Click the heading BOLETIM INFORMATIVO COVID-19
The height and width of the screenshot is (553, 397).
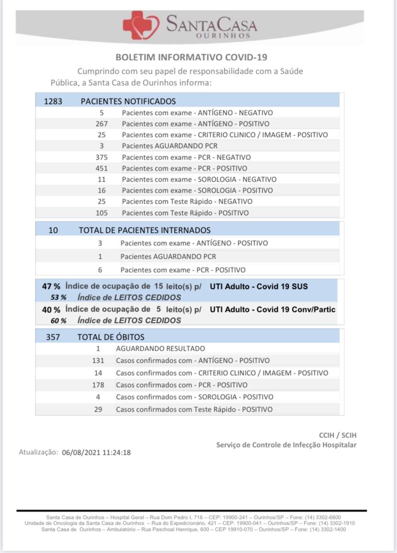[191, 58]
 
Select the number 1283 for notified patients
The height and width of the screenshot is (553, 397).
[53, 101]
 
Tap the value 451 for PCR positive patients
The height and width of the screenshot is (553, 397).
[102, 168]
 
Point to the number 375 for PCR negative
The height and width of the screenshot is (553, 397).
[102, 157]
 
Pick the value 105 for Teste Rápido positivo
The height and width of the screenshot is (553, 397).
[102, 213]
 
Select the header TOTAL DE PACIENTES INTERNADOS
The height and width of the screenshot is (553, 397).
[144, 230]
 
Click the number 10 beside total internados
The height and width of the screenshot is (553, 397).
[53, 230]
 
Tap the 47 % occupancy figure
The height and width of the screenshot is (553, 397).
[51, 287]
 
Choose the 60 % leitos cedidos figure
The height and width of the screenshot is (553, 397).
[58, 321]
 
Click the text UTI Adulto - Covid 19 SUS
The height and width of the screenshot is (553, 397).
[258, 287]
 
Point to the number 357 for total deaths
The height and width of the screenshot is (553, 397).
[53, 337]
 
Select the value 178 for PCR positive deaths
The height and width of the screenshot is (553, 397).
[98, 385]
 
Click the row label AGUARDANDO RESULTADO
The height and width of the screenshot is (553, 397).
[160, 348]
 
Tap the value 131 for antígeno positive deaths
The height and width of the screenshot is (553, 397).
[98, 360]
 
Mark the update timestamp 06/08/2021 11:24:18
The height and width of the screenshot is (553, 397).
[96, 452]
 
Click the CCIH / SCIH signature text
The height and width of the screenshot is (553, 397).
[338, 435]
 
